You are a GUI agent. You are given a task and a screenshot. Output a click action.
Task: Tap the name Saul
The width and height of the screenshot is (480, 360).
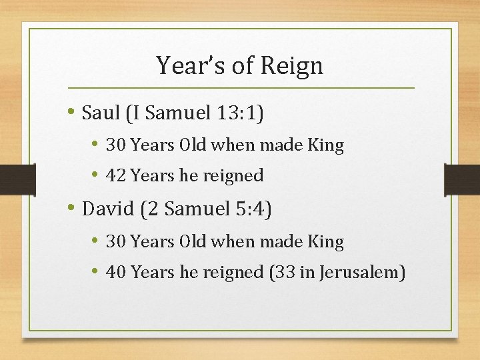100,113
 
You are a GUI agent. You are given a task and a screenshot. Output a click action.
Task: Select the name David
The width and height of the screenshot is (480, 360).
107,209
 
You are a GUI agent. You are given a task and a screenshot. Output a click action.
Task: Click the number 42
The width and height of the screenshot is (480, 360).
117,175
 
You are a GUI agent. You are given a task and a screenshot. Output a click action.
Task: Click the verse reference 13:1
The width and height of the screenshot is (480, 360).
239,113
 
